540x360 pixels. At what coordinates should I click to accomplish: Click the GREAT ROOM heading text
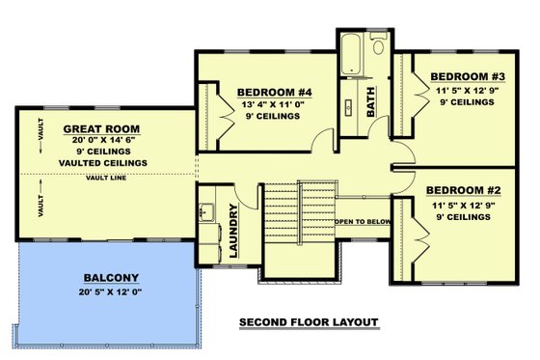102,127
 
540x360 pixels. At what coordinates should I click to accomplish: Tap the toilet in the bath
377,46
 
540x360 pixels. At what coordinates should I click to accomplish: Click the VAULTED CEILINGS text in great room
102,162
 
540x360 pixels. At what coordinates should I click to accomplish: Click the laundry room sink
207,207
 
